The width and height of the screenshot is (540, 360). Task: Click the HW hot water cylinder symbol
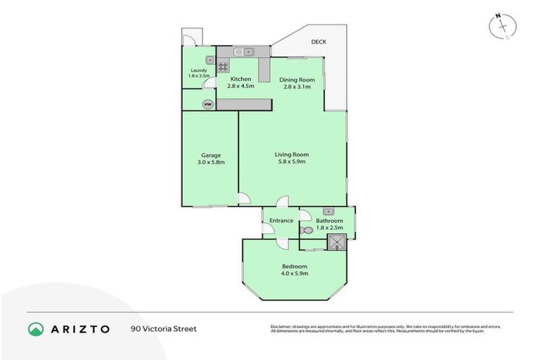[x=207, y=104]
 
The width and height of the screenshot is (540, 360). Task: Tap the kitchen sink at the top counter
[x=243, y=51]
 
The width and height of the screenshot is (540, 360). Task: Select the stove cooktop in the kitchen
[x=223, y=67]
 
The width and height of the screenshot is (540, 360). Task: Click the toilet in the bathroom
[x=307, y=230]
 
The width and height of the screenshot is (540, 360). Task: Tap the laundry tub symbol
[x=210, y=60]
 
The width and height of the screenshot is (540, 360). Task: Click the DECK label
[x=319, y=42]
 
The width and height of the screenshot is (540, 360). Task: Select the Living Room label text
[x=291, y=155]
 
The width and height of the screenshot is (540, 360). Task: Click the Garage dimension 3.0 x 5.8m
[x=211, y=162]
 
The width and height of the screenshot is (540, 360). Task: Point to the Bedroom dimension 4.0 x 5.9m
[x=295, y=274]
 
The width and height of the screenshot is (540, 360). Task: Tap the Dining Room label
[x=297, y=80]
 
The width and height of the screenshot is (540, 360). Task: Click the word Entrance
[x=281, y=221]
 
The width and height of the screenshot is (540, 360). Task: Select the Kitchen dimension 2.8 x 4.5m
[x=240, y=86]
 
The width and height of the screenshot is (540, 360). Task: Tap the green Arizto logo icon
[x=36, y=329]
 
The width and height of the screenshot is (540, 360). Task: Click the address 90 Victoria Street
[x=163, y=329]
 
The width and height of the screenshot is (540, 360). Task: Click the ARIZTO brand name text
[x=79, y=329]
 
